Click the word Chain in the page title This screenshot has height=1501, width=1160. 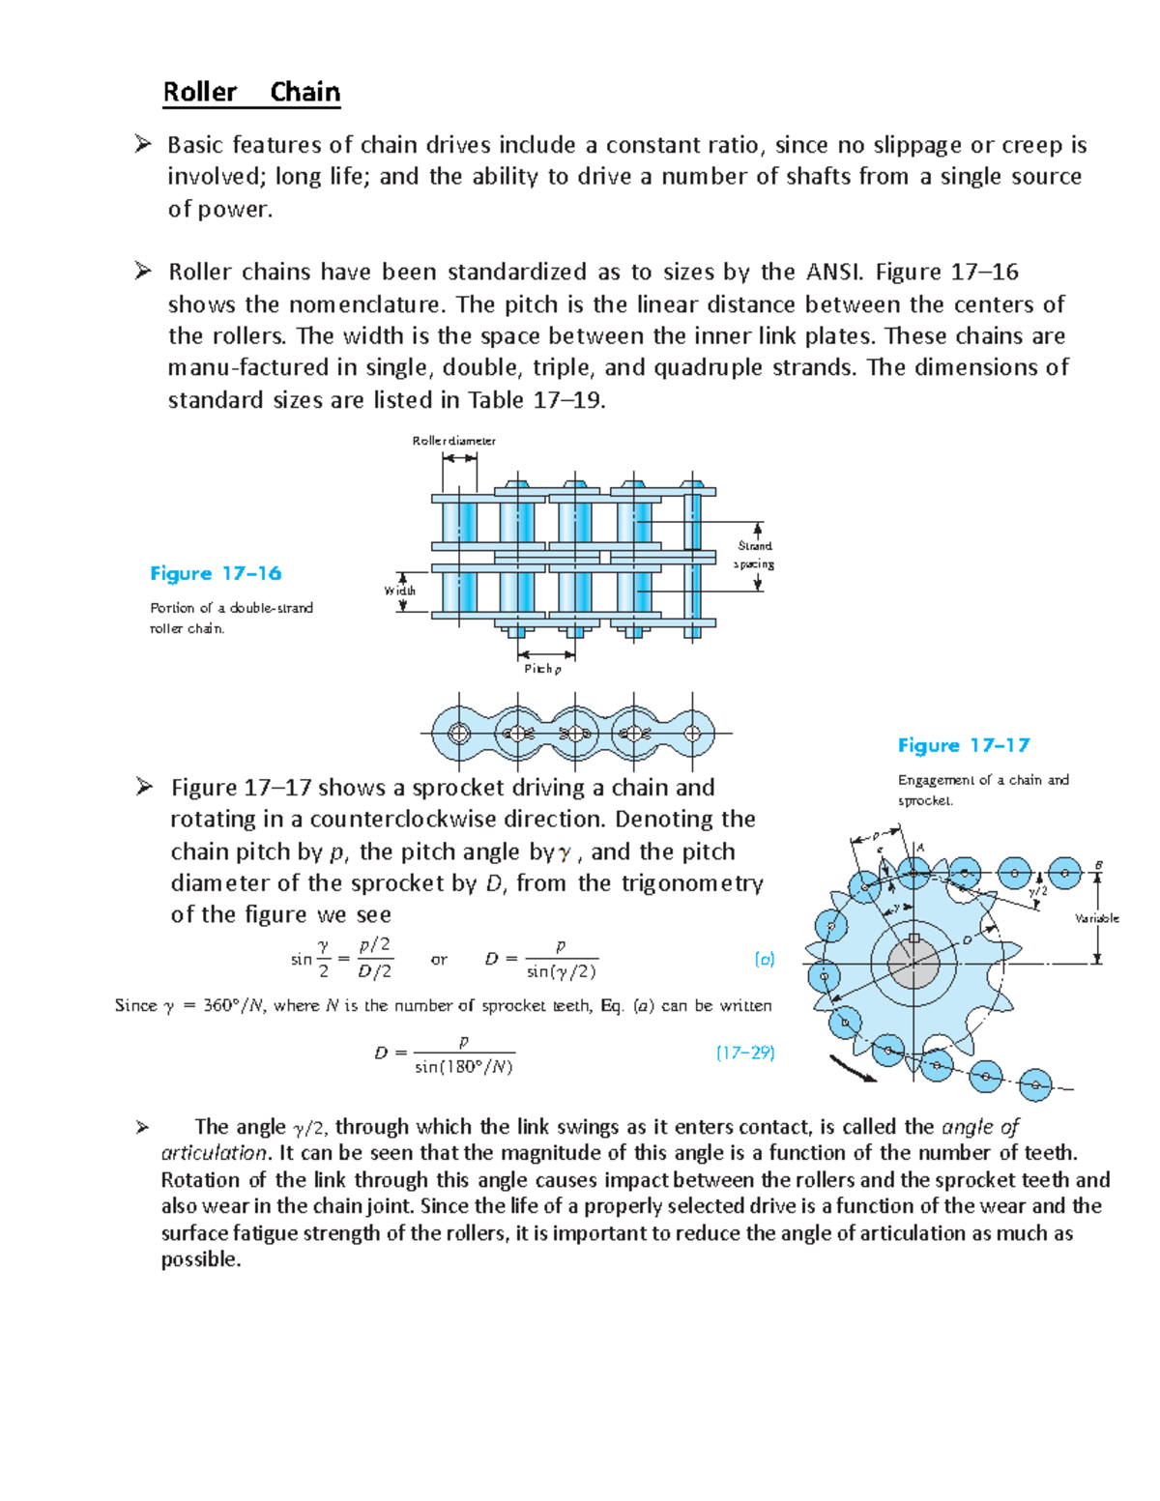tap(304, 93)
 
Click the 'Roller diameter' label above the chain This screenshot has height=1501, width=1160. tap(453, 441)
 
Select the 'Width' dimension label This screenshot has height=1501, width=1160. tap(399, 591)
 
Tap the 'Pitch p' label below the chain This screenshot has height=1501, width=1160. tap(541, 669)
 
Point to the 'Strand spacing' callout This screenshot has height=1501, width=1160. tap(754, 555)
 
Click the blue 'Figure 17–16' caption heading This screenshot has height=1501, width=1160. tap(216, 573)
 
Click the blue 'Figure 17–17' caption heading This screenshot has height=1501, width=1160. tap(963, 745)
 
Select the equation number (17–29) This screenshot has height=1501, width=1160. tap(745, 1053)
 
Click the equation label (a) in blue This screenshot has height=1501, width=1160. tap(764, 959)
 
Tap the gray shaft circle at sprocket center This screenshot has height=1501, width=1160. tap(913, 964)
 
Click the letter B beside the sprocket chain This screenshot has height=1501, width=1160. tap(1098, 865)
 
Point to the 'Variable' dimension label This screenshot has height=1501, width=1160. tap(1097, 918)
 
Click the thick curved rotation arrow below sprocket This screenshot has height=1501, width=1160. tap(853, 1068)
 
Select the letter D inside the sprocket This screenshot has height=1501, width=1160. tap(967, 940)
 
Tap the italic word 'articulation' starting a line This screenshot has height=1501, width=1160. tap(214, 1153)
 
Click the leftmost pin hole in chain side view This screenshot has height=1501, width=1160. tap(459, 734)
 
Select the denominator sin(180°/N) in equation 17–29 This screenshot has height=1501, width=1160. tap(463, 1067)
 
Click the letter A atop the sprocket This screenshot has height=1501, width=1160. tap(920, 848)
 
